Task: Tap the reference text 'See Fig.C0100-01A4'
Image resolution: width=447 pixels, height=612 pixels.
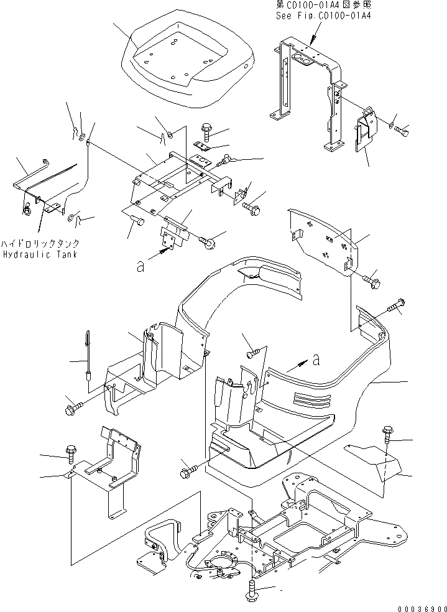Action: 323,16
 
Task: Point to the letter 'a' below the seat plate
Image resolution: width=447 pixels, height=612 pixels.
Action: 141,266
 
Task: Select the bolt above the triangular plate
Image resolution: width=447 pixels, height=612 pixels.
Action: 388,435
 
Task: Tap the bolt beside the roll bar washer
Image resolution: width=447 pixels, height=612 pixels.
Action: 403,131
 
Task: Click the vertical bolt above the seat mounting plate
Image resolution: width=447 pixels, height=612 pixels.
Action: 207,132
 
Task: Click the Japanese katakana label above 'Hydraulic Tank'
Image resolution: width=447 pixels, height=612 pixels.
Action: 39,244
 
